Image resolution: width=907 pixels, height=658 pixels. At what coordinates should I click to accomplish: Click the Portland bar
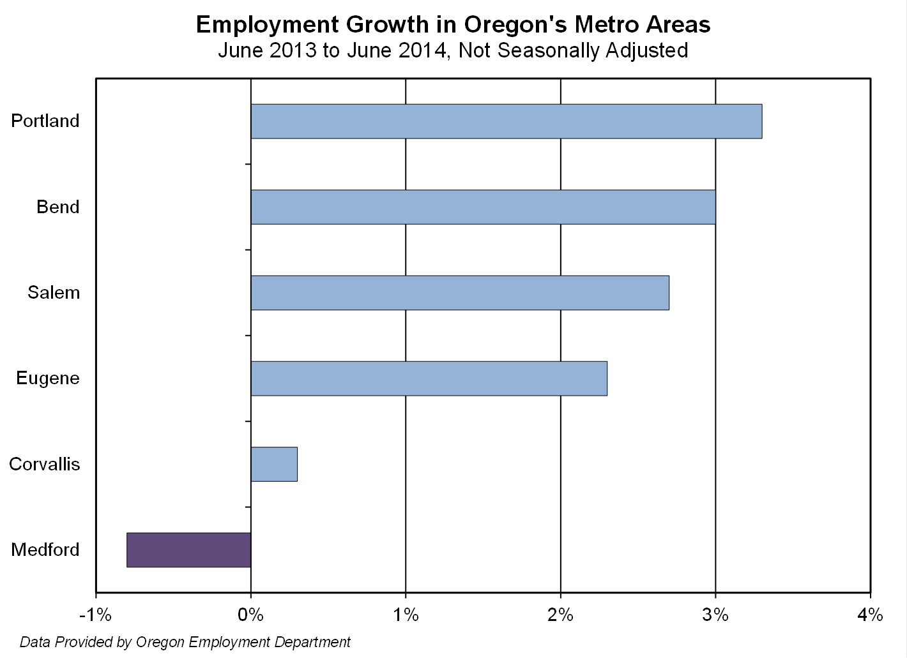coord(506,121)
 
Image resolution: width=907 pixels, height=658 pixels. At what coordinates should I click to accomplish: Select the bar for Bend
coord(483,207)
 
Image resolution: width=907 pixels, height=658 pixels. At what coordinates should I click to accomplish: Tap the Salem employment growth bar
coord(460,292)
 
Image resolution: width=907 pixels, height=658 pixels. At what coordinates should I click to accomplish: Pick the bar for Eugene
coord(429,378)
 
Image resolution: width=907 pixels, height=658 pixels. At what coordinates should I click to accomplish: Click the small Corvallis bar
coord(274,464)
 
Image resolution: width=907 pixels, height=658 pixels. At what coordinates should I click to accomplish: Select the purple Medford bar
coord(189,550)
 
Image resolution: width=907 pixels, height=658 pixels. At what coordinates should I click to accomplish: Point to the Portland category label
coord(45,121)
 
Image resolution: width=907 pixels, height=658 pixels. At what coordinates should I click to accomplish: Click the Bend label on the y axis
coord(58,207)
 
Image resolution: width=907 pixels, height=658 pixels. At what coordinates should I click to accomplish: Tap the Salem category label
coord(54,293)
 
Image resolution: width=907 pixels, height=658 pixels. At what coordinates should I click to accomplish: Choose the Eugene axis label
coord(48,378)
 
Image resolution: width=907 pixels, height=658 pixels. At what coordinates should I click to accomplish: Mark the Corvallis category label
coord(45,464)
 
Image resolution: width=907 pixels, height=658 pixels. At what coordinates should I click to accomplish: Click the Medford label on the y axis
coord(45,550)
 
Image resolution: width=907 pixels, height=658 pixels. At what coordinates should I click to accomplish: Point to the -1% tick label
coord(95,615)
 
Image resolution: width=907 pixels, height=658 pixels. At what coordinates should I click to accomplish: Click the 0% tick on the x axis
coord(250,615)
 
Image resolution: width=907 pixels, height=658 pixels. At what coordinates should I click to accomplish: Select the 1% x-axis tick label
coord(406,615)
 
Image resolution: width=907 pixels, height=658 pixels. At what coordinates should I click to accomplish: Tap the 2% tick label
coord(561,615)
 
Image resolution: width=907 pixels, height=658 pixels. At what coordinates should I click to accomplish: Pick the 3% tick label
coord(715,615)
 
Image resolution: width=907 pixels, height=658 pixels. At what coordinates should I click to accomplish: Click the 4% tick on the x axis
coord(871,615)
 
